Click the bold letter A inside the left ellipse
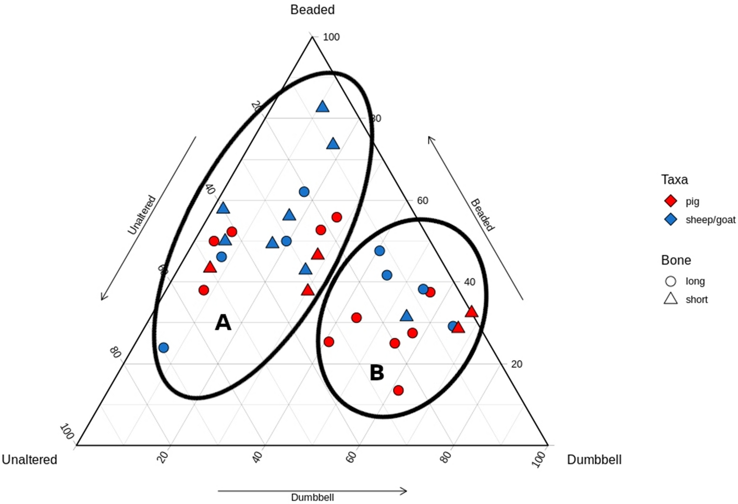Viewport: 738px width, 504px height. pyautogui.click(x=223, y=323)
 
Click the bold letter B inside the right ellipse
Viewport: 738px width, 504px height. pyautogui.click(x=377, y=373)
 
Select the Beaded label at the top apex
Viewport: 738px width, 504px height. pyautogui.click(x=312, y=10)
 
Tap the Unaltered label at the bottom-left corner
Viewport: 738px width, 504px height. pyautogui.click(x=30, y=460)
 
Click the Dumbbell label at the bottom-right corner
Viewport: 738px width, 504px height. pyautogui.click(x=594, y=460)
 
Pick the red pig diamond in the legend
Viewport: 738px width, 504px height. pyautogui.click(x=671, y=201)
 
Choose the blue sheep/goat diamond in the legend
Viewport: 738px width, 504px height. pyautogui.click(x=671, y=219)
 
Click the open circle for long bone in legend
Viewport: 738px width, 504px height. pyautogui.click(x=671, y=281)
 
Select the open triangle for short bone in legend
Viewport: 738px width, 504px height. pyautogui.click(x=671, y=299)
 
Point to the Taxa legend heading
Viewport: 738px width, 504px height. pyautogui.click(x=674, y=180)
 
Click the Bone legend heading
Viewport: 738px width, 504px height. pyautogui.click(x=676, y=260)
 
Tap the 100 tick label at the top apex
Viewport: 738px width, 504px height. pyautogui.click(x=331, y=37)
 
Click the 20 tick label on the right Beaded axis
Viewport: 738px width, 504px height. pyautogui.click(x=516, y=364)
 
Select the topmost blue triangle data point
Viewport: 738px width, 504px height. pyautogui.click(x=323, y=107)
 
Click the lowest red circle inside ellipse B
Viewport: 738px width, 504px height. pyautogui.click(x=398, y=390)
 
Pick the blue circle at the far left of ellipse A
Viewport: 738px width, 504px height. pyautogui.click(x=164, y=348)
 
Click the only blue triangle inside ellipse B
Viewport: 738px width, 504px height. pyautogui.click(x=407, y=316)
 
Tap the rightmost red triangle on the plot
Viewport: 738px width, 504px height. pyautogui.click(x=472, y=312)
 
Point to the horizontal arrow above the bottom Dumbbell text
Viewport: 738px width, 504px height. pyautogui.click(x=312, y=490)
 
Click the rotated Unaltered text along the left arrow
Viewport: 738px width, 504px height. pyautogui.click(x=142, y=215)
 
